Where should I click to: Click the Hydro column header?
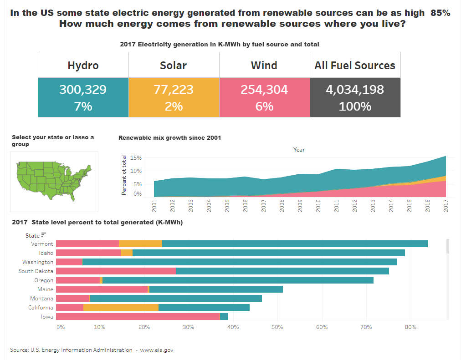83,66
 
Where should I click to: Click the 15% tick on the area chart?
136,158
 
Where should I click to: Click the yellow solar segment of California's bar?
121,308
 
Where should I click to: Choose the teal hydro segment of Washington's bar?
240,262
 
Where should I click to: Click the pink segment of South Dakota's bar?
116,271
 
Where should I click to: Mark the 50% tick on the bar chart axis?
277,327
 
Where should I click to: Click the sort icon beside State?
44,235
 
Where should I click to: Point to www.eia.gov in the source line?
157,350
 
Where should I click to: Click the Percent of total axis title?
124,175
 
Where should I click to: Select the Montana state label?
42,299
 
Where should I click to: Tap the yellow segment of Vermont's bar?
140,244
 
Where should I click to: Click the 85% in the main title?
440,13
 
